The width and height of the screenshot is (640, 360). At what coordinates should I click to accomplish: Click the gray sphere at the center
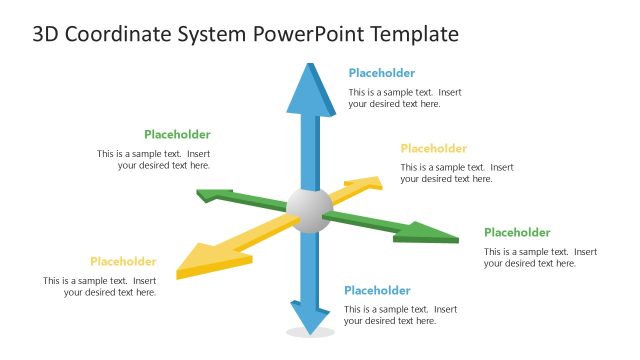pos(309,209)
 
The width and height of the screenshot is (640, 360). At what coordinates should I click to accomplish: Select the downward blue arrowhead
pos(311,319)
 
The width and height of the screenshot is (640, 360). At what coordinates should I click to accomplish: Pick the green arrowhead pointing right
pos(429,236)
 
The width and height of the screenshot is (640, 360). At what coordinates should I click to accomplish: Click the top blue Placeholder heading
pos(381,73)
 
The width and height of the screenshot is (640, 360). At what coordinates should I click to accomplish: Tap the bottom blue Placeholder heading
pos(377,291)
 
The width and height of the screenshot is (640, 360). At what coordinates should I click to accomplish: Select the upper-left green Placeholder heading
pos(177,135)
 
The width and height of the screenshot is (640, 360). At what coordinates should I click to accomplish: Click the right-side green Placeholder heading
pos(517,233)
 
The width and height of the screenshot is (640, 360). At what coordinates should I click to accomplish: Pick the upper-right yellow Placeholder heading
pos(433,149)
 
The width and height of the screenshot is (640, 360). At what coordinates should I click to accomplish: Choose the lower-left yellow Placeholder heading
pos(123,262)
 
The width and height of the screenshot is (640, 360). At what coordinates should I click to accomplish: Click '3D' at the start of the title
pos(45,34)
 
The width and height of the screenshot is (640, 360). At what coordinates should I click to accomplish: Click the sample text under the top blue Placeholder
pos(404,98)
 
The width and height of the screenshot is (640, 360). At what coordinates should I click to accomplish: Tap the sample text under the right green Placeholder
pos(540,258)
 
